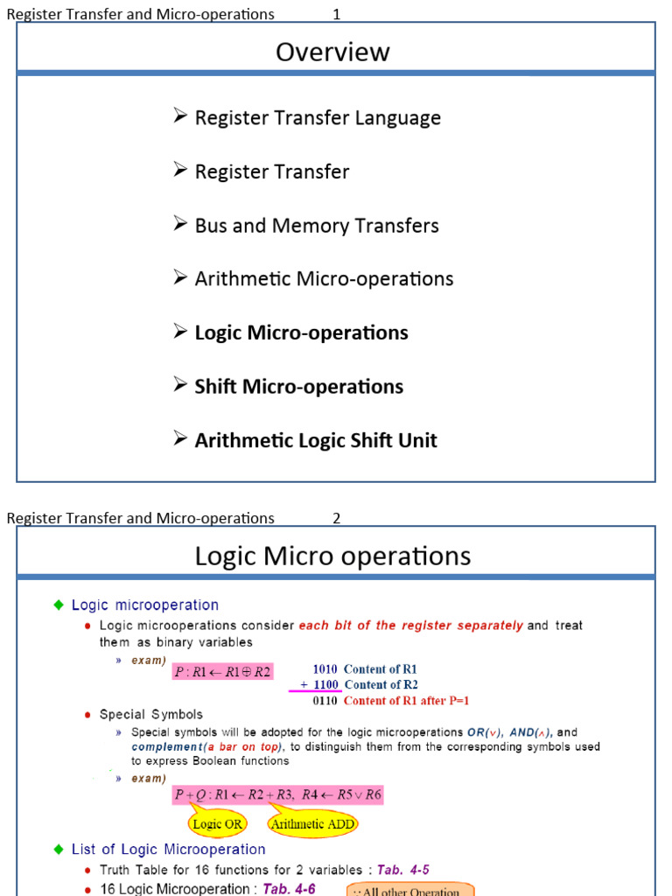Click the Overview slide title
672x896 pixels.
point(332,52)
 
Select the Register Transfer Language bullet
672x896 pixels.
point(318,117)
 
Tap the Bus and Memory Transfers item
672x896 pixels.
point(317,226)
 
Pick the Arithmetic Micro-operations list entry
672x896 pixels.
point(324,279)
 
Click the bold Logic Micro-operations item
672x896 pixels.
point(301,333)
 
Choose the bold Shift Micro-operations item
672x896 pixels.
point(298,387)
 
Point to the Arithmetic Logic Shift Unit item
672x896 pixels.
point(316,440)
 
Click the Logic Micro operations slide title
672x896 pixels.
point(332,556)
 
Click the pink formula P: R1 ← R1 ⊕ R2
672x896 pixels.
point(222,672)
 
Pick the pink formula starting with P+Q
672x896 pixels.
point(277,795)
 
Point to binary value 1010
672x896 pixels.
point(325,669)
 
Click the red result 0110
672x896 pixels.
point(325,701)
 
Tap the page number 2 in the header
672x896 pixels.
point(337,518)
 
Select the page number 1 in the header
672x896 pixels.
point(337,14)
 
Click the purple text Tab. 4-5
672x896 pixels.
point(403,870)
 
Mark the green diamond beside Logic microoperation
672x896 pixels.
point(59,605)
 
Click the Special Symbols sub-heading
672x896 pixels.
point(151,715)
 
